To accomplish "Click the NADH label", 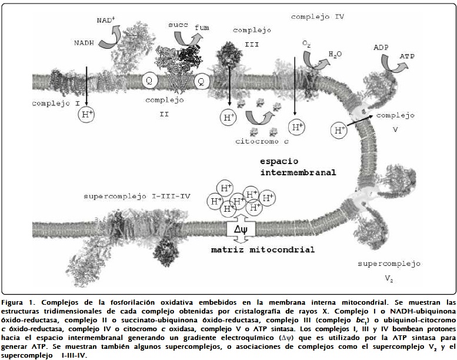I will coord(84,43).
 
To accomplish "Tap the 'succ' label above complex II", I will coord(178,25).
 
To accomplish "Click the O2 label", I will coord(306,44).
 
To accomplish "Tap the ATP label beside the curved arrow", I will coord(407,56).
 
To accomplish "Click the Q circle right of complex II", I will coord(200,81).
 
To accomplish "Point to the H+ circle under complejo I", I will coord(87,114).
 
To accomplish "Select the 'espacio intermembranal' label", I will coord(298,167).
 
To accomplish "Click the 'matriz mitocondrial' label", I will coord(263,250).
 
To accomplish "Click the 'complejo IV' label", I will coord(318,17).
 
